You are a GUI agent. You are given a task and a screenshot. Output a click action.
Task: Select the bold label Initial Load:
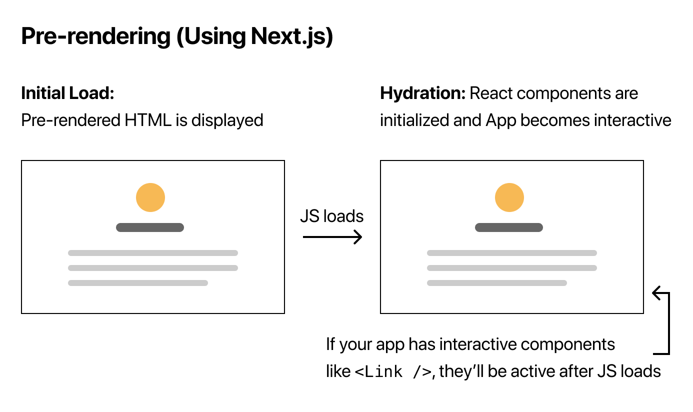point(67,93)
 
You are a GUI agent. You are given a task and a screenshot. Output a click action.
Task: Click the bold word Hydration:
point(423,93)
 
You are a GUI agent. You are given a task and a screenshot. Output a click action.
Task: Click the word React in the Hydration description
point(492,93)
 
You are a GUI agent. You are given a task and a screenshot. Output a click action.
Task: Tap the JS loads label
point(332,216)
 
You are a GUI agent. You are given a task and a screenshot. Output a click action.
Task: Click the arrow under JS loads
point(332,237)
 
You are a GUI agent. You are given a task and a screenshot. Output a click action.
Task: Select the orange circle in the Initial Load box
point(150,197)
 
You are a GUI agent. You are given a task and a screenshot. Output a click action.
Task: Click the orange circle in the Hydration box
point(509,197)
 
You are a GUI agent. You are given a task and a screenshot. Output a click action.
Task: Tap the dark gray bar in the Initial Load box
point(150,227)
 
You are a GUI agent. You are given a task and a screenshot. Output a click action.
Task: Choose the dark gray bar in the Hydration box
point(509,227)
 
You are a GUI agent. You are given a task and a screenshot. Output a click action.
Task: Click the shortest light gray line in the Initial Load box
point(138,283)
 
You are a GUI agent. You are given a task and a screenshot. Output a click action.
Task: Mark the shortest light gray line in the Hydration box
point(497,283)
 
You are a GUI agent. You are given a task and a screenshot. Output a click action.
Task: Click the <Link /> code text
point(393,372)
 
